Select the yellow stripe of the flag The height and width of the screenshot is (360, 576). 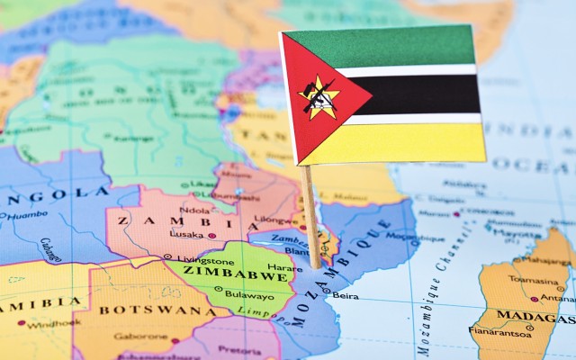pos(414,142)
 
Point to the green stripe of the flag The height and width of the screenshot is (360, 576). pos(396,47)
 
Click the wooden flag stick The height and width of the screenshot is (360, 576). pos(310,216)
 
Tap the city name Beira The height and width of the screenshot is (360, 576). pos(346,295)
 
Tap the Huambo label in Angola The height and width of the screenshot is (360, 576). pos(28,215)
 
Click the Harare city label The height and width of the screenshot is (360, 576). pos(284,267)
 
